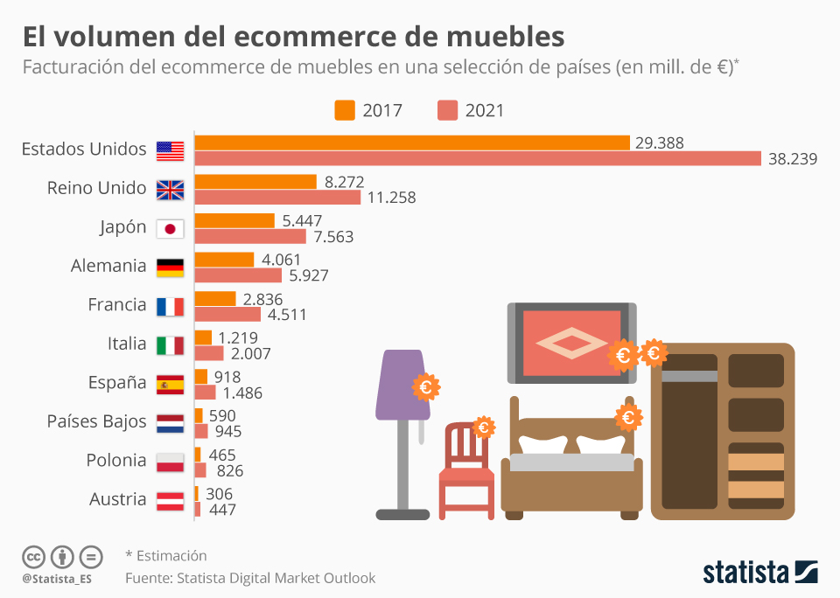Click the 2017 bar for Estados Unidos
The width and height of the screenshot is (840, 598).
pyautogui.click(x=411, y=143)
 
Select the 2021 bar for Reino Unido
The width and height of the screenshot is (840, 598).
pyautogui.click(x=277, y=198)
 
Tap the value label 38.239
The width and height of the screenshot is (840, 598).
pyautogui.click(x=793, y=159)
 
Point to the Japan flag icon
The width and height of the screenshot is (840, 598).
pyautogui.click(x=170, y=229)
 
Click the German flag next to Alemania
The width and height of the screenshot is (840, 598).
pyautogui.click(x=170, y=268)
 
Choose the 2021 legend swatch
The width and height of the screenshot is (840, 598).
pyautogui.click(x=448, y=110)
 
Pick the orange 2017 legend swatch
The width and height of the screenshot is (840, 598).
pyautogui.click(x=345, y=110)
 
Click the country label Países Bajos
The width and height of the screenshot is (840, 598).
pyautogui.click(x=96, y=421)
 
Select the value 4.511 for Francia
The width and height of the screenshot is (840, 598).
pyautogui.click(x=288, y=315)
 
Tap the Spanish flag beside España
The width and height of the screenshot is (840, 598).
pyautogui.click(x=170, y=384)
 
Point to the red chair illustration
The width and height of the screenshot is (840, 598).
pyautogui.click(x=466, y=472)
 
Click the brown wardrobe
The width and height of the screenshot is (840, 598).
pyautogui.click(x=723, y=432)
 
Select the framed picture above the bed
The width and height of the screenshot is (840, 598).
pyautogui.click(x=570, y=343)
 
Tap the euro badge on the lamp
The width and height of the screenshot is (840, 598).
pyautogui.click(x=426, y=386)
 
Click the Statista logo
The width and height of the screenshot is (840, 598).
pyautogui.click(x=760, y=573)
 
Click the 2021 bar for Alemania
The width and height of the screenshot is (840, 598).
pyautogui.click(x=238, y=275)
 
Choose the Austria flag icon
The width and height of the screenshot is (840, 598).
pyautogui.click(x=170, y=501)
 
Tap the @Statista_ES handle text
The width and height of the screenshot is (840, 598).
pyautogui.click(x=57, y=579)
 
